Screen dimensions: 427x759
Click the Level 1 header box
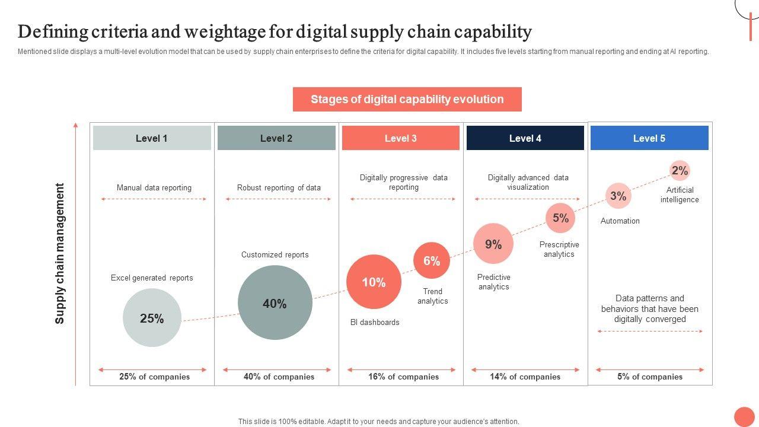pos(152,138)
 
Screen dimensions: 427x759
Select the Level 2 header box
pos(276,138)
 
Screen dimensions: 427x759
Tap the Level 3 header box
pos(401,138)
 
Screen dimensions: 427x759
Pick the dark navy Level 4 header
pos(525,138)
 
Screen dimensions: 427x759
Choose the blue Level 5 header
pos(649,138)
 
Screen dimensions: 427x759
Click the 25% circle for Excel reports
pos(152,318)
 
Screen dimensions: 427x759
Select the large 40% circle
pos(275,302)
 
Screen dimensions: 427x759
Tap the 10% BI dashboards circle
pos(374,282)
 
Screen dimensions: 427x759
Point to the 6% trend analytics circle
pos(432,260)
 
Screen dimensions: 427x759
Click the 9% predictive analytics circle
pos(493,244)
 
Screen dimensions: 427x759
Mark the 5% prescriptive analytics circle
pos(560,218)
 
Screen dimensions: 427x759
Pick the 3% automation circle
pos(618,196)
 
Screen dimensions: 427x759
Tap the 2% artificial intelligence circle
pos(680,171)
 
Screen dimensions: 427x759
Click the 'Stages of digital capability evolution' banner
pos(407,100)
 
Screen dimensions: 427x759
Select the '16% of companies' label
pos(403,377)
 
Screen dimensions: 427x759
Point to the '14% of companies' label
pos(525,377)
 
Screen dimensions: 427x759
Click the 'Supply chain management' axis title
pos(60,254)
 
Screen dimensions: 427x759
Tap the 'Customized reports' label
pos(275,255)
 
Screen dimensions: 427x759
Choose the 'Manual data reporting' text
pos(154,188)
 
